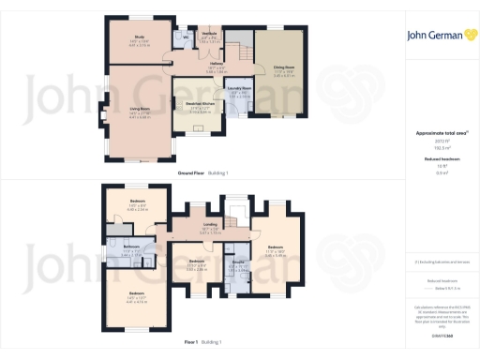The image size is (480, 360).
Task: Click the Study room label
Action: coord(138,39)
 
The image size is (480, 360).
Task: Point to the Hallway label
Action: coord(217,65)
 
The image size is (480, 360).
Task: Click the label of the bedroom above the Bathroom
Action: coord(137,204)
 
